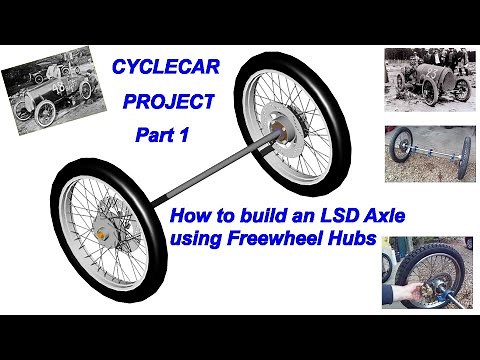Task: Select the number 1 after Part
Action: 185,135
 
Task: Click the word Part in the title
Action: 155,135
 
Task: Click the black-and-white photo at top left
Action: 49,89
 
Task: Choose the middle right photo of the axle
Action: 428,152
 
